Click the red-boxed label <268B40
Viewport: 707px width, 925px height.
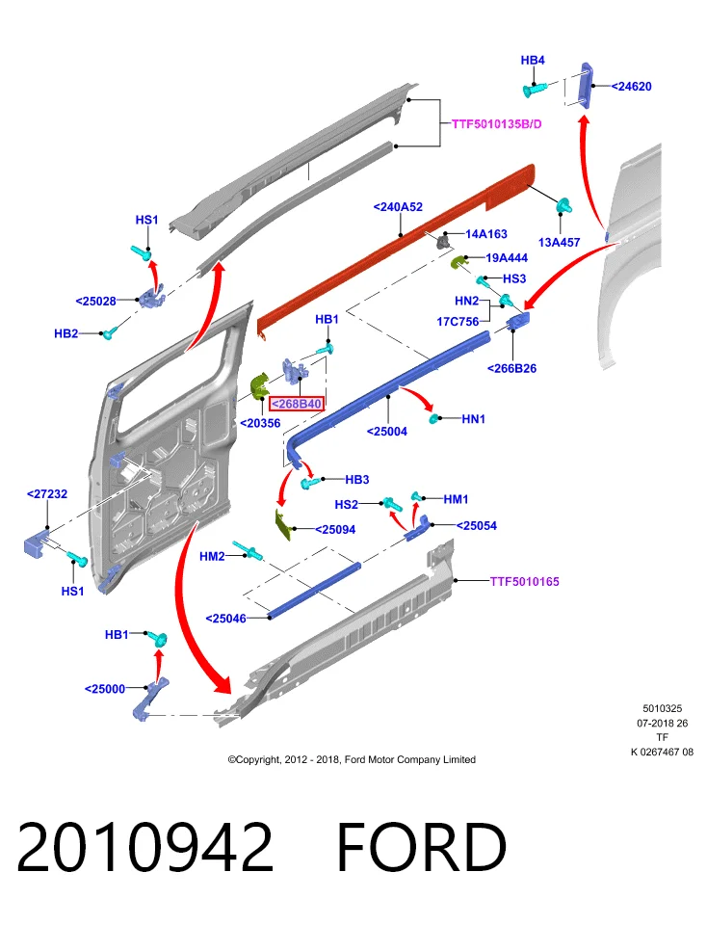coord(296,404)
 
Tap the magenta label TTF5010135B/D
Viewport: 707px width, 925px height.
coord(496,124)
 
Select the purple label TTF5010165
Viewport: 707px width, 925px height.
coord(524,582)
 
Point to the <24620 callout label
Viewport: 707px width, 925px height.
coord(631,87)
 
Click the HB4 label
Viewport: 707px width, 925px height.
coord(533,60)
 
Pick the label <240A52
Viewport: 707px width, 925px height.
coord(398,207)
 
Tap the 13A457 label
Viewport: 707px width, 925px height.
coord(559,243)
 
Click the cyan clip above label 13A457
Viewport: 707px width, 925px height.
coord(564,206)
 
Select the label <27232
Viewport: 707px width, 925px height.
coord(47,493)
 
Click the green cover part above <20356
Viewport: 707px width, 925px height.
coord(259,384)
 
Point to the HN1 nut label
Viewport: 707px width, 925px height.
coord(474,419)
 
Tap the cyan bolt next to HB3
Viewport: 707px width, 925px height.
coord(309,483)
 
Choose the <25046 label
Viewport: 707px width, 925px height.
coord(225,619)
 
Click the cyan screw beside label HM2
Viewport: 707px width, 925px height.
coord(248,550)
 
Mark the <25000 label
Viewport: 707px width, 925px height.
coord(105,688)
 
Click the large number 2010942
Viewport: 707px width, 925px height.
coord(145,847)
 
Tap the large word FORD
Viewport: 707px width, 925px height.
coord(421,847)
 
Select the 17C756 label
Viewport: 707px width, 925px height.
coord(458,322)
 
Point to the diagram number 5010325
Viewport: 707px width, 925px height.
coord(662,708)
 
